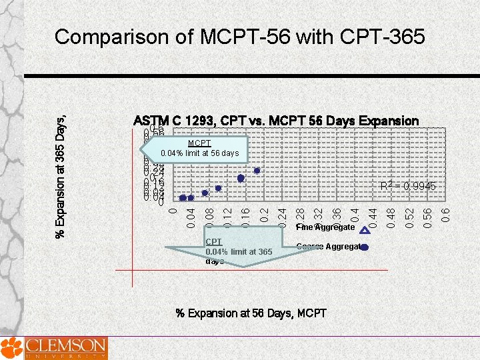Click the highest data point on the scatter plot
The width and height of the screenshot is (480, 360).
(257, 171)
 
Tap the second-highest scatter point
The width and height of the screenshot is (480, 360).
(241, 178)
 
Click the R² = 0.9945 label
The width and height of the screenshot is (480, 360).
(408, 187)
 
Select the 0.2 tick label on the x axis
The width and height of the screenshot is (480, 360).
(264, 215)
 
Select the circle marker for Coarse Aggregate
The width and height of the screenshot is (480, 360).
(364, 247)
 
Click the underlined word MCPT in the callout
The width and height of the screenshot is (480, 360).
(199, 143)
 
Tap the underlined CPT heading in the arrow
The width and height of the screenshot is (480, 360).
(213, 241)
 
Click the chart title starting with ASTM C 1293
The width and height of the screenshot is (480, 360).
(276, 121)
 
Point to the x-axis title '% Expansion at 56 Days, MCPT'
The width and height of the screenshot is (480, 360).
(251, 313)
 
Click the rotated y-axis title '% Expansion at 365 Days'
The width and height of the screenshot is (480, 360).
(61, 167)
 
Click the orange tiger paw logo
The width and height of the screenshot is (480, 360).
(11, 347)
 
